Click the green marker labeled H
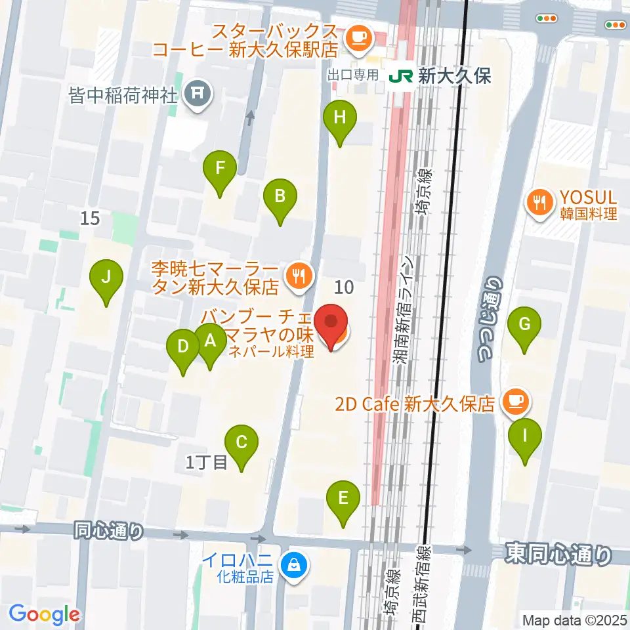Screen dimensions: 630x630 tap(340, 119)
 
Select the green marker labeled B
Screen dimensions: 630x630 tap(280, 196)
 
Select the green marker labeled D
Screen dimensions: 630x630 tap(183, 346)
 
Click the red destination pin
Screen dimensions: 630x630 tap(331, 324)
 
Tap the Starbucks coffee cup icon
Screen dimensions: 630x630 tap(358, 34)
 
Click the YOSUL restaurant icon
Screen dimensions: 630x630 tap(540, 201)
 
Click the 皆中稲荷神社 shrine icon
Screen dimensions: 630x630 tap(198, 96)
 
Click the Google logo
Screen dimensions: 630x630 tap(44, 614)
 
